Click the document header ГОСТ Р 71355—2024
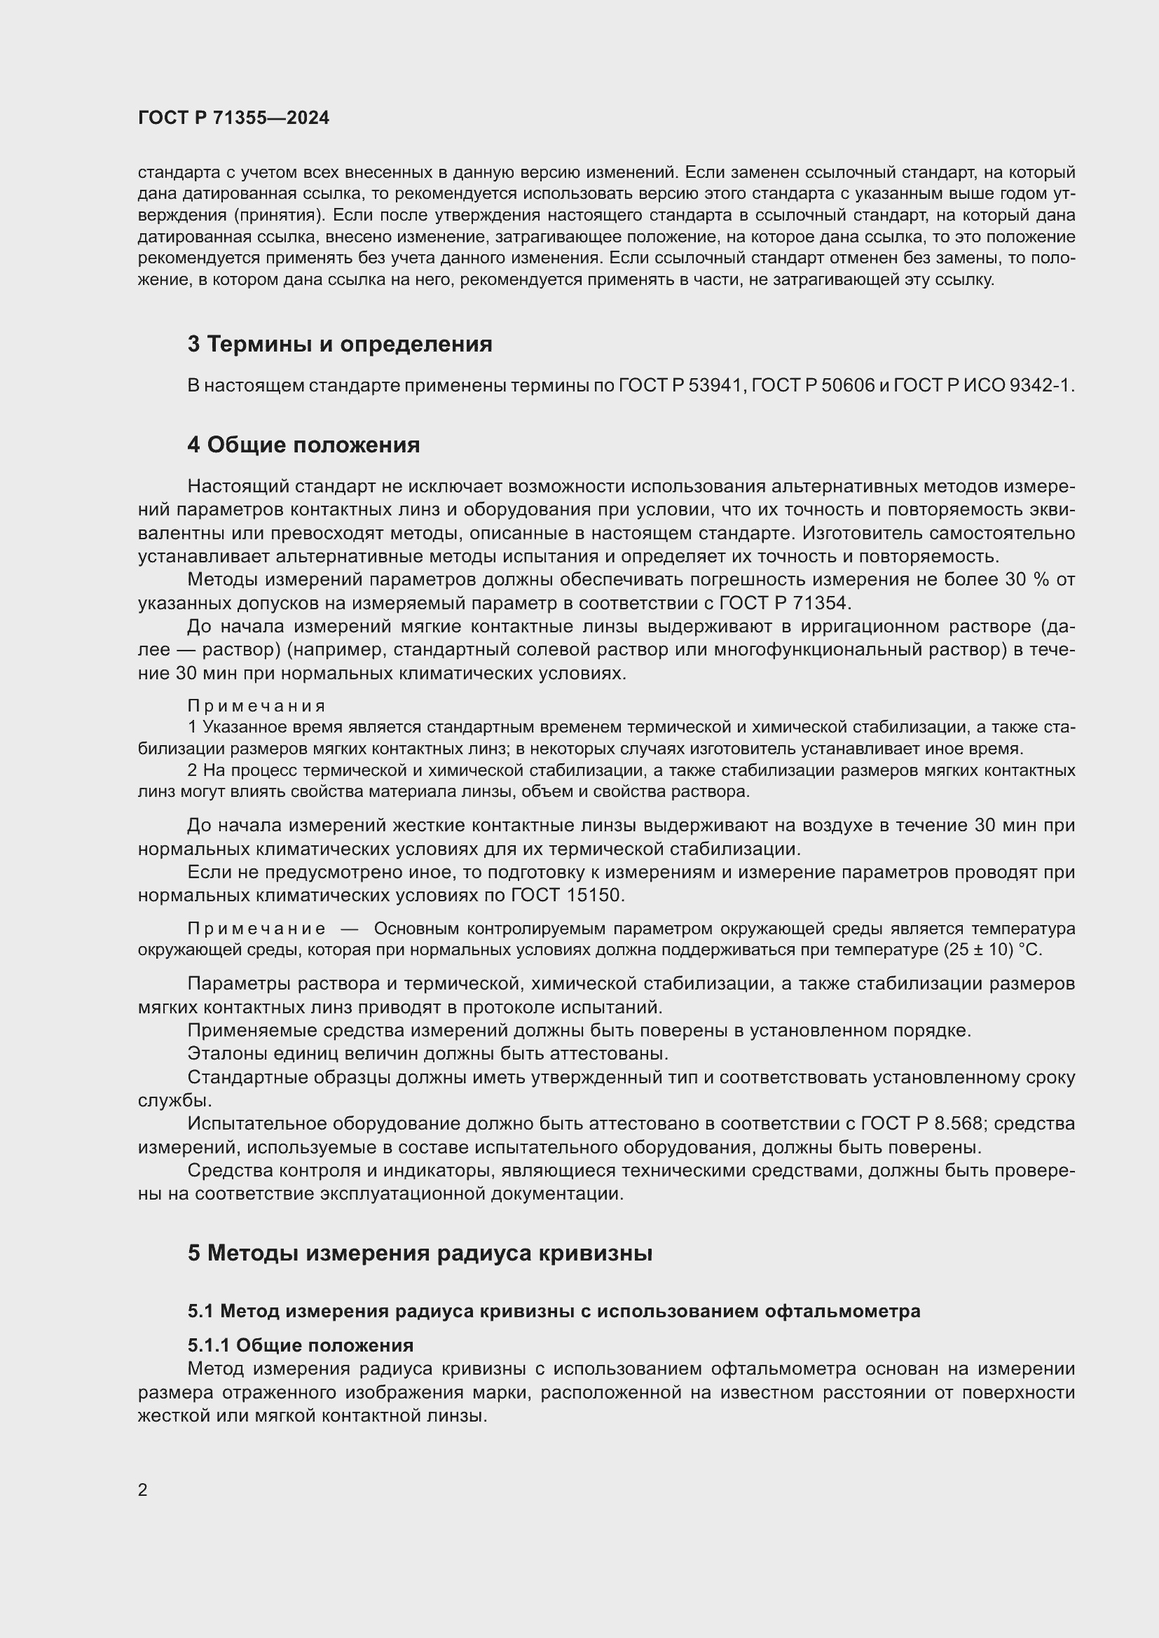[233, 118]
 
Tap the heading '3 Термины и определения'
[340, 344]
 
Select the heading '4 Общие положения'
[303, 445]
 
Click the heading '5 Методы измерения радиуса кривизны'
[420, 1253]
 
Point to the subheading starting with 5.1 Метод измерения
[554, 1310]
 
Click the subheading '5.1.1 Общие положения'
[301, 1345]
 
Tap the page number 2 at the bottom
[143, 1490]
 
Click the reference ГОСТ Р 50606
[813, 385]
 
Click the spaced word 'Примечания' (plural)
[256, 706]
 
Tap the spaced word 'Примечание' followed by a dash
[256, 928]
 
